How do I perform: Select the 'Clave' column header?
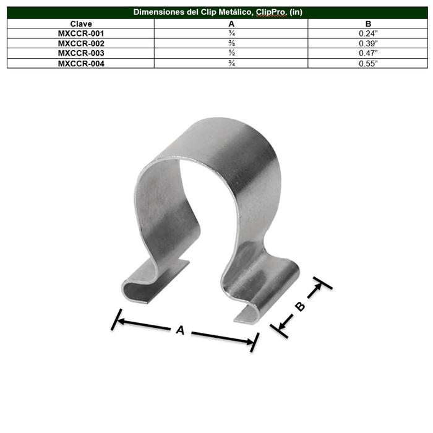coord(81,24)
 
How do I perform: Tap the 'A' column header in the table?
coord(231,24)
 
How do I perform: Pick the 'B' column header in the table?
coord(368,24)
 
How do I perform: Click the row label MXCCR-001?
coord(81,33)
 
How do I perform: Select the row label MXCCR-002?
coord(81,43)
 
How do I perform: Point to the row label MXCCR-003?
coord(81,53)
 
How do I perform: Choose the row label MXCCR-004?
coord(81,62)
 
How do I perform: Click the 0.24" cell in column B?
coord(369,33)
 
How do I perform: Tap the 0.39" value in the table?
coord(369,43)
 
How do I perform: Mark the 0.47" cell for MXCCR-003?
coord(369,53)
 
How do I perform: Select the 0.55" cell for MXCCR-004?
coord(369,62)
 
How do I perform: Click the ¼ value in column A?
coord(231,33)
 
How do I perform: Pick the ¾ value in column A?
coord(231,62)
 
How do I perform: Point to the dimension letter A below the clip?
coord(181,330)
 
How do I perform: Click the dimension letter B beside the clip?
coord(299,306)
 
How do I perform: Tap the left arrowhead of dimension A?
coord(119,320)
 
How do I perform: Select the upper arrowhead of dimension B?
coord(318,287)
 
